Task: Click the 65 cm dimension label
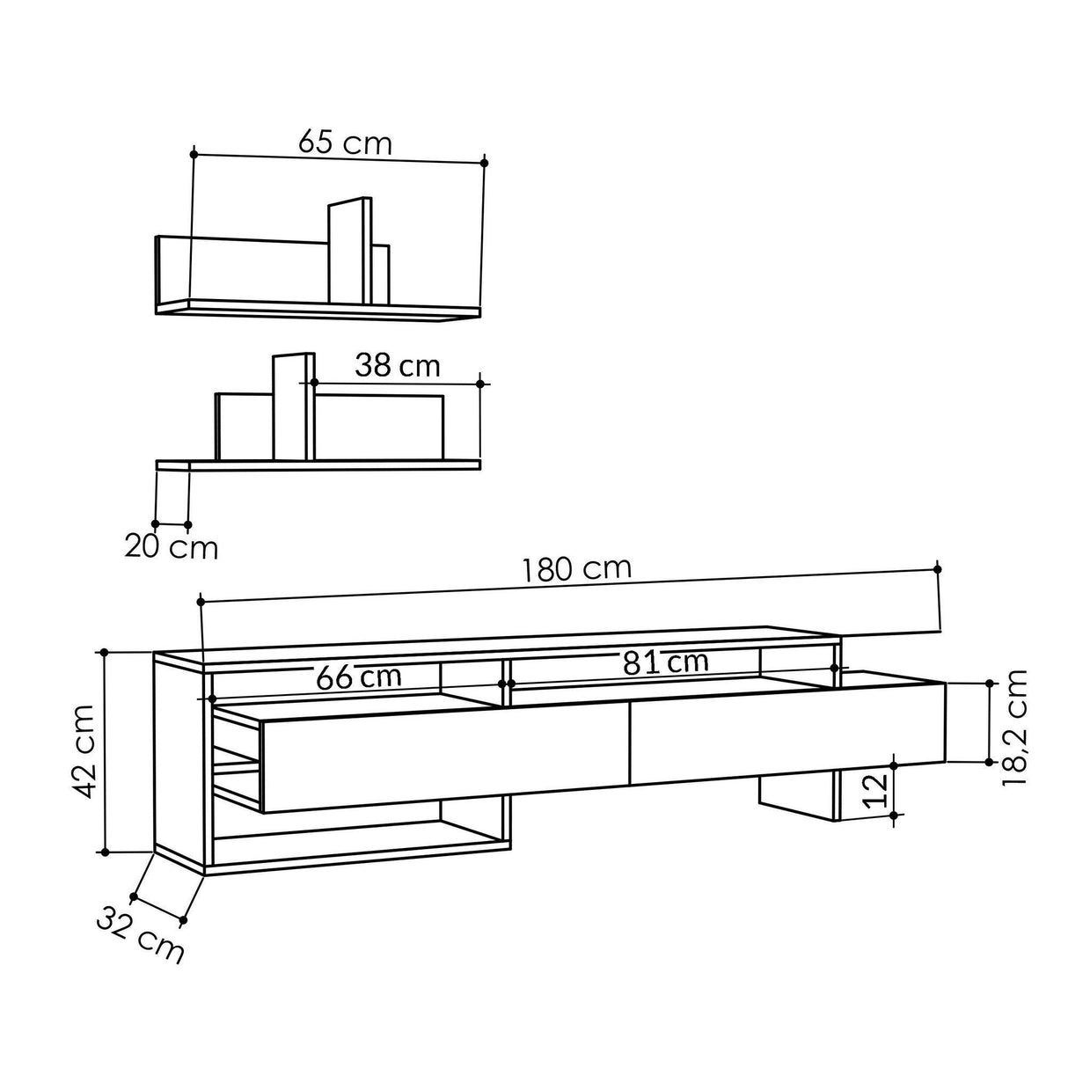[344, 142]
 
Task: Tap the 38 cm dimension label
[397, 366]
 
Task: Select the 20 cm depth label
[171, 547]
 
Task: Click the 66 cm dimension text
[359, 677]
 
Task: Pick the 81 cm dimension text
[665, 662]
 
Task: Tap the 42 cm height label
[84, 750]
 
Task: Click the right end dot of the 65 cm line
[485, 163]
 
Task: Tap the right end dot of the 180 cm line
[938, 569]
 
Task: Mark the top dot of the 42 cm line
[105, 652]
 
